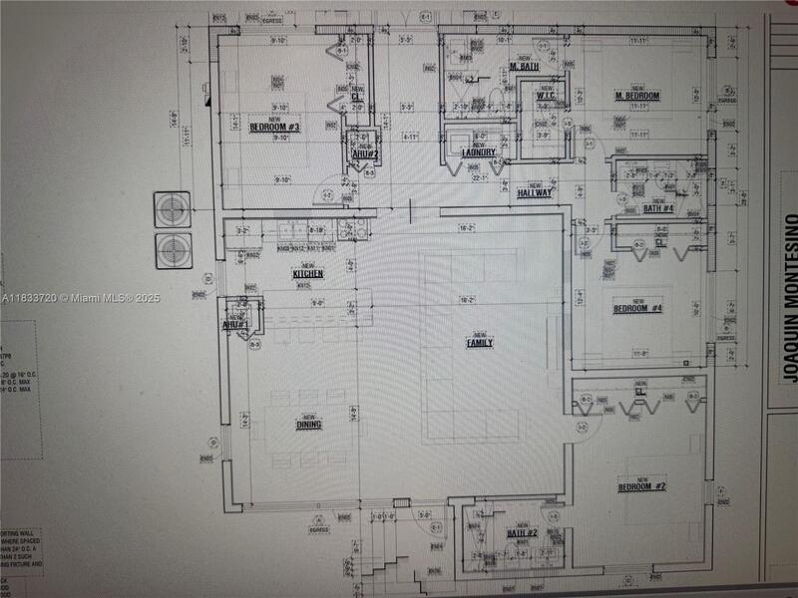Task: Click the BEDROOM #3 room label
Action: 274,128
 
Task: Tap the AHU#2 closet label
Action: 365,153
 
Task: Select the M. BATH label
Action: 525,67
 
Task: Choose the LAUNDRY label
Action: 479,151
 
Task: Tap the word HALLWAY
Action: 535,193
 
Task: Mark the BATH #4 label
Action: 658,208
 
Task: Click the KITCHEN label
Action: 307,273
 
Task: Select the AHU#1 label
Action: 234,325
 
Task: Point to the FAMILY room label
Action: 480,342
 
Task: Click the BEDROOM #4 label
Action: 637,309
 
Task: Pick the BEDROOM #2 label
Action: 642,486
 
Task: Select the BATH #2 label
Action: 522,534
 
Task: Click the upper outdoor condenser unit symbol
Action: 172,210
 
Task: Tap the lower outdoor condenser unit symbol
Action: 172,249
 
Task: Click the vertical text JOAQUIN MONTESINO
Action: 789,298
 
